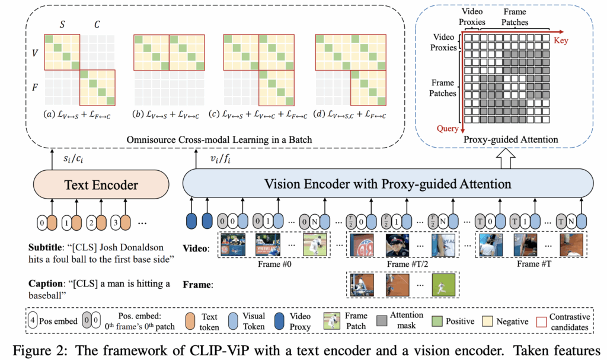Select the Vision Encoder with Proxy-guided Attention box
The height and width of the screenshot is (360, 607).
point(388,184)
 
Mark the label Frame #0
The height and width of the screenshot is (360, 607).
point(273,263)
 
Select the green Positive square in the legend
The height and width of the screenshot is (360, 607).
point(437,321)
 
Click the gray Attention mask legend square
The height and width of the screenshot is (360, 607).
point(381,321)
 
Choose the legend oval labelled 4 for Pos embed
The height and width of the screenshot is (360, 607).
point(34,321)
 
